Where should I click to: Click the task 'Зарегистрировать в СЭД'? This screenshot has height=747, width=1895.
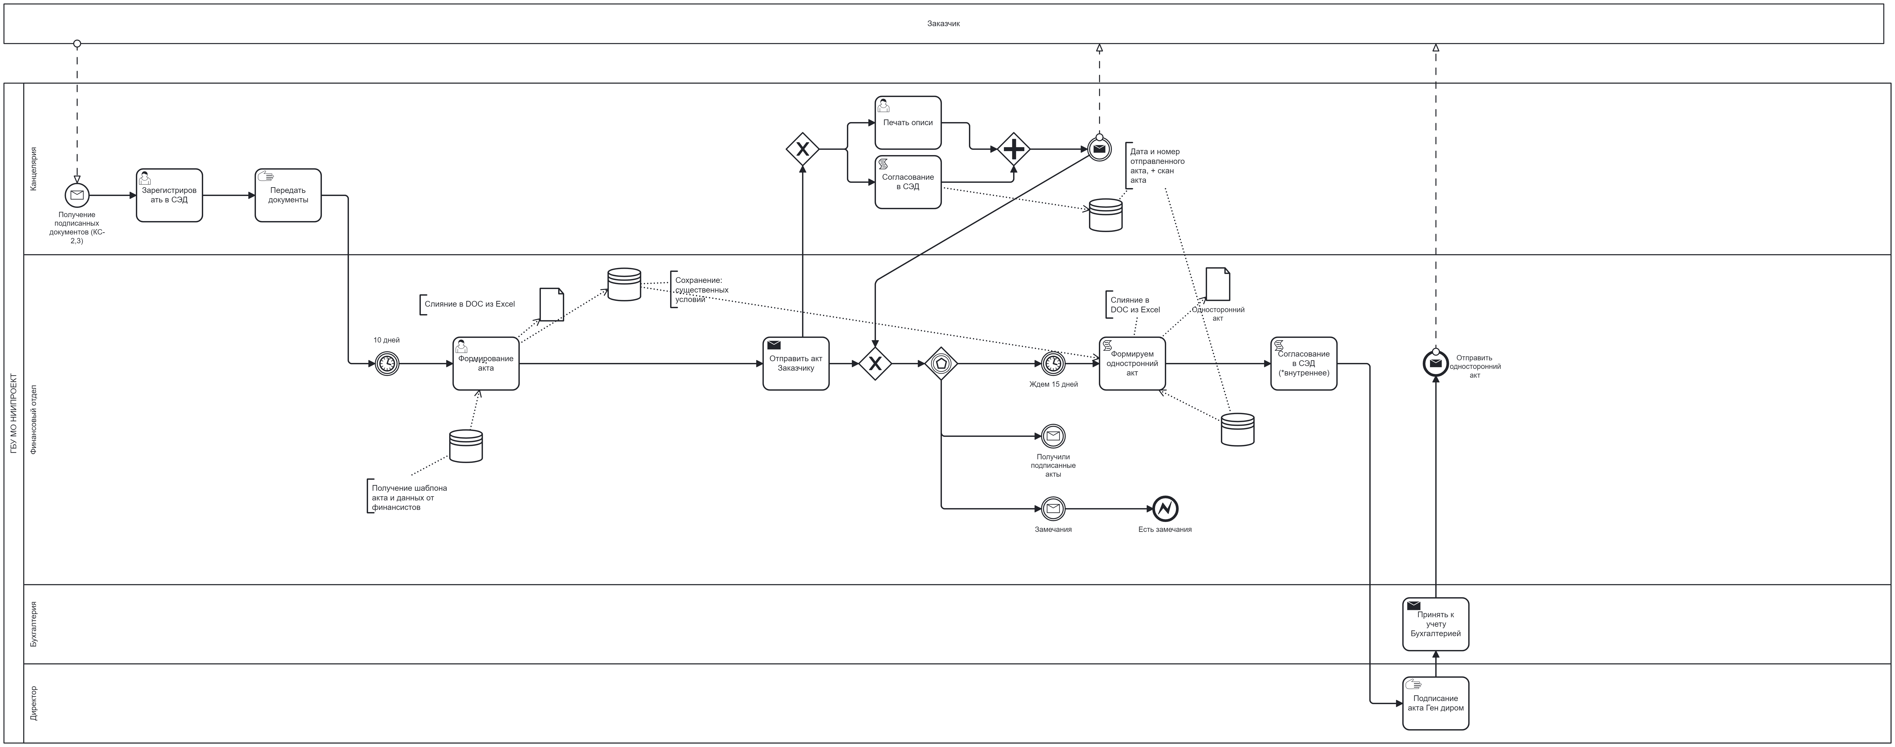(x=169, y=195)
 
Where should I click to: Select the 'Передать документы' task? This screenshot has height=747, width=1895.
(x=288, y=195)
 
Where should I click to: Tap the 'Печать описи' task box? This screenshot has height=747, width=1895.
(x=908, y=122)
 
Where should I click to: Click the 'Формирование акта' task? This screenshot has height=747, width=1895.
(x=485, y=364)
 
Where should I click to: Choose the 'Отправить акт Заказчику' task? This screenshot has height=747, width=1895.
(x=796, y=364)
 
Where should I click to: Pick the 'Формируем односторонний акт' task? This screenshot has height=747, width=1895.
(x=1132, y=364)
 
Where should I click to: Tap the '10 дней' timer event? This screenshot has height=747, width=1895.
(x=387, y=364)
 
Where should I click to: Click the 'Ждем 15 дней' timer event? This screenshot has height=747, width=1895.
(x=1053, y=364)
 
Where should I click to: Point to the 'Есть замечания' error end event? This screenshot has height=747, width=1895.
(x=1165, y=509)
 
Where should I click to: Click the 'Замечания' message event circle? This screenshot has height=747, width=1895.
(x=1053, y=509)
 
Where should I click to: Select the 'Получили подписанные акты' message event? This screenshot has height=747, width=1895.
(x=1053, y=436)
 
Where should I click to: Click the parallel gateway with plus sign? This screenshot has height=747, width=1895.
(x=1014, y=149)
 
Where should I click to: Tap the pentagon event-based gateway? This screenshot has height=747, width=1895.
(x=941, y=364)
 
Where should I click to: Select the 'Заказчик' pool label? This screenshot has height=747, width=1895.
(x=943, y=24)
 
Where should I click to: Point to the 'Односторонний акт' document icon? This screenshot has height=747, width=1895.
(x=1217, y=284)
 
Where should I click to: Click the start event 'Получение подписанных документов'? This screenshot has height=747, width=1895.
(x=77, y=196)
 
